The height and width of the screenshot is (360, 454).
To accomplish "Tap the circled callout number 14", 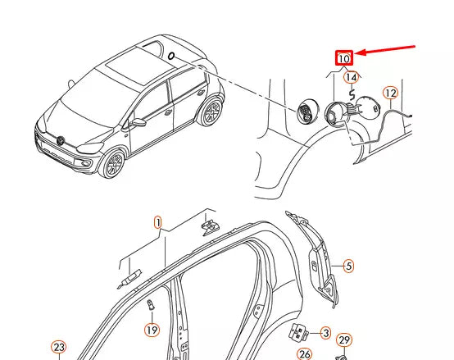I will (x=351, y=78).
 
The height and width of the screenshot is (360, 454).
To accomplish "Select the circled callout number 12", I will (x=391, y=93).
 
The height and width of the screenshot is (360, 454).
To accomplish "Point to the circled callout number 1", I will (x=159, y=222).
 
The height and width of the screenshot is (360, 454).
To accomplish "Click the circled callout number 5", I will (x=348, y=266).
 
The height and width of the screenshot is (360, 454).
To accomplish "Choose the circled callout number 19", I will (x=152, y=330).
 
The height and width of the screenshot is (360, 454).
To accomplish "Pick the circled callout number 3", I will (x=325, y=333).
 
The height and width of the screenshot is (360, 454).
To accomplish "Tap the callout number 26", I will (x=304, y=353).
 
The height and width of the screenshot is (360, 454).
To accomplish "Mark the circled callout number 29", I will (x=344, y=340).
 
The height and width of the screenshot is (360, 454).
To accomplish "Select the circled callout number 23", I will (x=58, y=348).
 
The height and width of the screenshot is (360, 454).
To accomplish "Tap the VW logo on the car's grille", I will (x=61, y=140).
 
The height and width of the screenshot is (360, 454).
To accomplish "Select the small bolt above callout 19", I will (x=150, y=307).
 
